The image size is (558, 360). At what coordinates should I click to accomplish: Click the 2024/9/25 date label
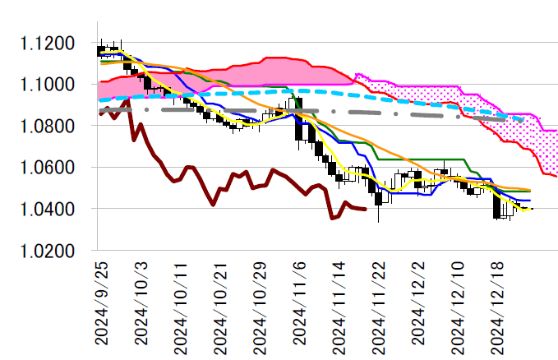pos(101,305)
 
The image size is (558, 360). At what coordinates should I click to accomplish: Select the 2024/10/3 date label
pos(141,305)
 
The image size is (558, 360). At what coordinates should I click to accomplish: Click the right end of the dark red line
pos(366,210)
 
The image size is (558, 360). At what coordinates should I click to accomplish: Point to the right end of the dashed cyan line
pos(523,120)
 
